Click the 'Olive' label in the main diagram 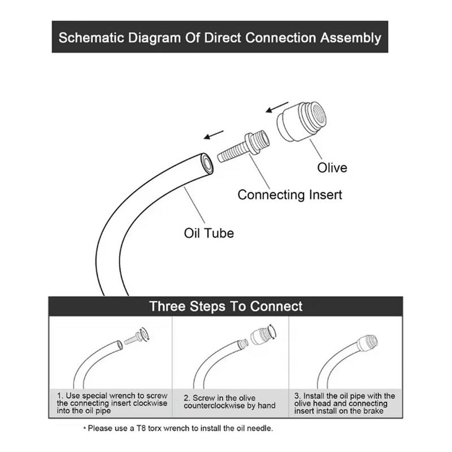coord(332,168)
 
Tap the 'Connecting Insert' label coord(290,195)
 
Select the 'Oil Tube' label coord(208,232)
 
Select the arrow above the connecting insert coord(215,135)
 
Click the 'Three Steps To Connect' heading coord(225,306)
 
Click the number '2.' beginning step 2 coord(188,398)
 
